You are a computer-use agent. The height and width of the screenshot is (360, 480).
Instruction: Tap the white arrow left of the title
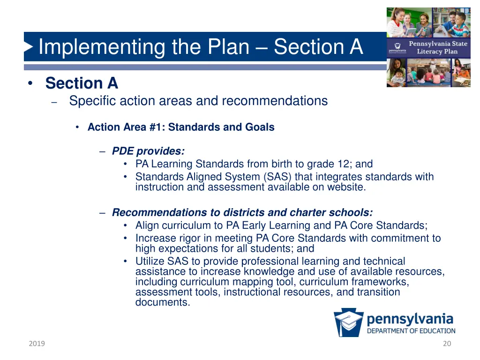pyautogui.click(x=29, y=47)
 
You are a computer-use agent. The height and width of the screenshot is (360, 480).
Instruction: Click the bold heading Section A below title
pyautogui.click(x=82, y=83)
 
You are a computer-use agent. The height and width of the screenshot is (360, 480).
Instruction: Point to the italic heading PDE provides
pyautogui.click(x=148, y=151)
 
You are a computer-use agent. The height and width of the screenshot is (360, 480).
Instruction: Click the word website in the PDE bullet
pyautogui.click(x=347, y=187)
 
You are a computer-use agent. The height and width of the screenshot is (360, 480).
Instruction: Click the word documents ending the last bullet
pyautogui.click(x=162, y=302)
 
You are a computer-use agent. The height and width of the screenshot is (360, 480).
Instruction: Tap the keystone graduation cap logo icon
pyautogui.click(x=348, y=323)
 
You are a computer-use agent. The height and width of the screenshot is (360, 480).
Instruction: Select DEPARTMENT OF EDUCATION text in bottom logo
pyautogui.click(x=411, y=330)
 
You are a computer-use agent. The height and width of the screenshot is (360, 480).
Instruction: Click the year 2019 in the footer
pyautogui.click(x=37, y=344)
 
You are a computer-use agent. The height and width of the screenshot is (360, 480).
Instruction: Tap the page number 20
pyautogui.click(x=447, y=344)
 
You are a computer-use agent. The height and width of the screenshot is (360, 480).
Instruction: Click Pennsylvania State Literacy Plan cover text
pyautogui.click(x=438, y=47)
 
